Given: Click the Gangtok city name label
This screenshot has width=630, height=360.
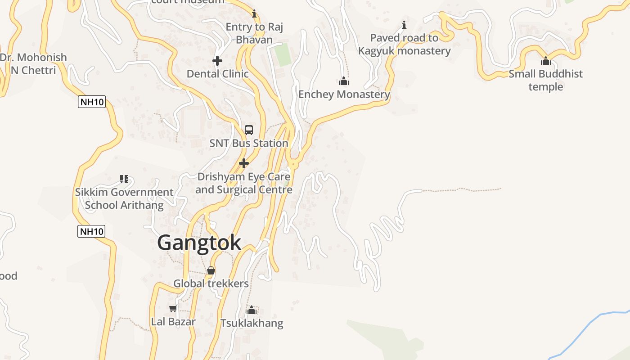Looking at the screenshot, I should click(x=199, y=243).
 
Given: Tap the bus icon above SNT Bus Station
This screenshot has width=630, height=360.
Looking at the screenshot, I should click(x=249, y=130).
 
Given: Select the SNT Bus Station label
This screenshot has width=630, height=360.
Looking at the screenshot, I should click(x=249, y=143).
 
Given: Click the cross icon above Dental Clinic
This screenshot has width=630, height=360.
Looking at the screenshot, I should click(x=217, y=60).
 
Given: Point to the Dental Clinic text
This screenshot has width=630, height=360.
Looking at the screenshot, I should click(x=217, y=74).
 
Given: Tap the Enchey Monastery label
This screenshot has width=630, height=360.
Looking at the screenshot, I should click(x=344, y=94).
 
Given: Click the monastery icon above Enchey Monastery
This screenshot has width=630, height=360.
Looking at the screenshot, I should click(x=344, y=81).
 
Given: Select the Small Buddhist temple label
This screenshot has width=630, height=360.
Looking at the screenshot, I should click(x=545, y=80).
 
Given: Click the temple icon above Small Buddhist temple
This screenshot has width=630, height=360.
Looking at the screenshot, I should click(x=546, y=61).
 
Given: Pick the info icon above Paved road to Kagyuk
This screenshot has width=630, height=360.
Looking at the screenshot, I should click(x=404, y=25).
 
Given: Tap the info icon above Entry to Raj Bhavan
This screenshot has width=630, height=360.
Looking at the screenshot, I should click(x=254, y=14).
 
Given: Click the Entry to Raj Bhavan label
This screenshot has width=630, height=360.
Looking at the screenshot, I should click(x=254, y=33).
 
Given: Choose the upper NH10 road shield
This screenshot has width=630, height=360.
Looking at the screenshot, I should click(x=92, y=102).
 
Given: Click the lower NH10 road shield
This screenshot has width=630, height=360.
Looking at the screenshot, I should click(x=91, y=232).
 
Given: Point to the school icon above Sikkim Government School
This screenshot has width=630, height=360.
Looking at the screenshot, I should click(x=124, y=179).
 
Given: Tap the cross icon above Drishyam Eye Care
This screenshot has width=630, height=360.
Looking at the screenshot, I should click(x=244, y=163).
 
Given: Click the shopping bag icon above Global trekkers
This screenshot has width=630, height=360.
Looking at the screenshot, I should click(x=211, y=270).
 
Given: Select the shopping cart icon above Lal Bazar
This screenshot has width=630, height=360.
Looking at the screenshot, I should click(x=173, y=309).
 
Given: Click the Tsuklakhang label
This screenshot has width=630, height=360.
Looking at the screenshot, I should click(x=252, y=323).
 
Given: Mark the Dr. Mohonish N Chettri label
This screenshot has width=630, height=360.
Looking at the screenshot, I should click(x=33, y=64).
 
